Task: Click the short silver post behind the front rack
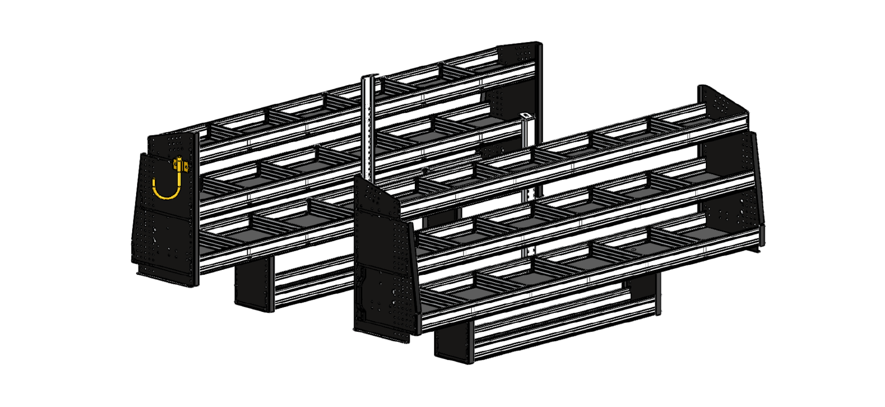[525, 160]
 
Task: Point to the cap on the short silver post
[525, 117]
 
